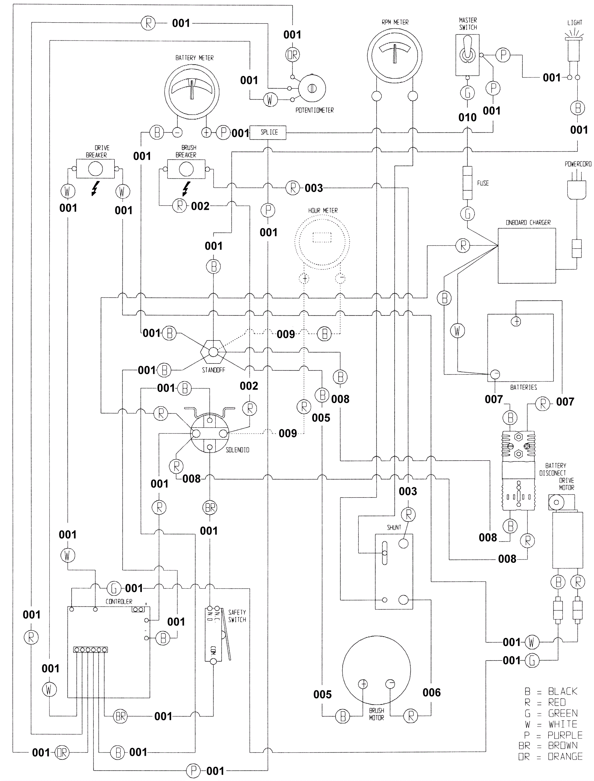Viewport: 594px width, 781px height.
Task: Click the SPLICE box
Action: (x=267, y=132)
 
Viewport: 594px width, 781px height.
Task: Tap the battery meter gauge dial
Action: (x=192, y=91)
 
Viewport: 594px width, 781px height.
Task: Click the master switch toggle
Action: (x=467, y=55)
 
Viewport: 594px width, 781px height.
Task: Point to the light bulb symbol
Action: (x=574, y=48)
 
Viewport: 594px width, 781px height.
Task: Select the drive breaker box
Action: (x=95, y=169)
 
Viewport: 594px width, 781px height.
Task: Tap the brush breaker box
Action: (x=186, y=169)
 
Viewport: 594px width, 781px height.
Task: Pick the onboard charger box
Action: (x=526, y=255)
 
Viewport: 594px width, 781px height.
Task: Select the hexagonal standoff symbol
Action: (x=213, y=352)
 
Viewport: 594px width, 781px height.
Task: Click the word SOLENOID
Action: (x=237, y=450)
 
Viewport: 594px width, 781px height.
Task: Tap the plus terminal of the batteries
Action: (x=516, y=321)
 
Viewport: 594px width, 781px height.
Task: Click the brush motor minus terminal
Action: (x=390, y=684)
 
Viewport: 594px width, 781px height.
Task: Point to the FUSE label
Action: (x=483, y=183)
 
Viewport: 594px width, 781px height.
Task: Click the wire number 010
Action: (x=467, y=118)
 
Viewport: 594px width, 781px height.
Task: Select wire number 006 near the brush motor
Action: (x=431, y=692)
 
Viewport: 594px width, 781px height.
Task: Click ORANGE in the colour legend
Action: (x=565, y=756)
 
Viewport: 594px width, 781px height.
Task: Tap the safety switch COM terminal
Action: (x=213, y=661)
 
